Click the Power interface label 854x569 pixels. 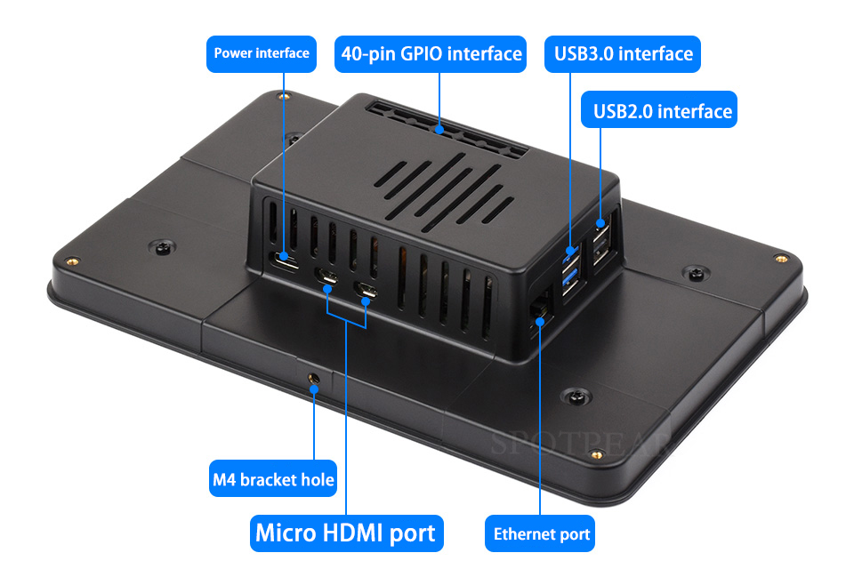pos(262,54)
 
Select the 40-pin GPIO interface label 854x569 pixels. pos(431,54)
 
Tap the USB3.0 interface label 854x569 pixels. pos(623,54)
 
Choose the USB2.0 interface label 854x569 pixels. pos(659,109)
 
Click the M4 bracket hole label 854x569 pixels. pos(273,478)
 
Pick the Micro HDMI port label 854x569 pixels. pos(346,533)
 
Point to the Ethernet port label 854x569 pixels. pos(540,533)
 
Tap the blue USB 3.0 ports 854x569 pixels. pos(570,270)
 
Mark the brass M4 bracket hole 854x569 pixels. pos(313,377)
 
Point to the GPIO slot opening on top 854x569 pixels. pos(447,129)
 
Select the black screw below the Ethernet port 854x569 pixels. pos(576,396)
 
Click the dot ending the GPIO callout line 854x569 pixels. pos(439,130)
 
